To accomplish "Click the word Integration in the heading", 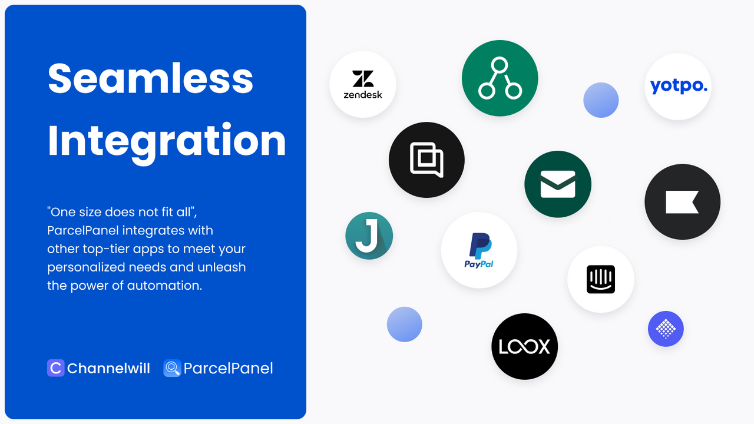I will point(167,140).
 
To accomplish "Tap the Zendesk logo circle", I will point(363,84).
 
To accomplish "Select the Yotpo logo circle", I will point(678,87).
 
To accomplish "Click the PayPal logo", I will point(479,250).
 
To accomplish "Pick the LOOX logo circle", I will point(524,346).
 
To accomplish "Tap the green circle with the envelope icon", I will point(558,184).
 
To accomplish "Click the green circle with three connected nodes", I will point(500,78).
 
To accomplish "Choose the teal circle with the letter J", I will point(369,236).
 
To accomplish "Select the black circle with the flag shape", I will point(682,202).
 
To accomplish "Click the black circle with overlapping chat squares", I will point(426,160).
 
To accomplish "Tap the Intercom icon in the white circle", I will point(601,279).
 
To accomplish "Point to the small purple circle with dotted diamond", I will point(666,329).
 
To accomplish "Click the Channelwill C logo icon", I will point(55,369).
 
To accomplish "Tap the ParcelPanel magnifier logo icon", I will point(172,369).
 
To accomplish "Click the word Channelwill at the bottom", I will point(108,369).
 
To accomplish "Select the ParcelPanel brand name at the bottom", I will point(228,369).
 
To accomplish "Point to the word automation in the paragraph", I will point(164,286).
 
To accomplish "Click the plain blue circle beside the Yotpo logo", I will point(601,100).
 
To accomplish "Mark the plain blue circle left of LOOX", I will point(405,324).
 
